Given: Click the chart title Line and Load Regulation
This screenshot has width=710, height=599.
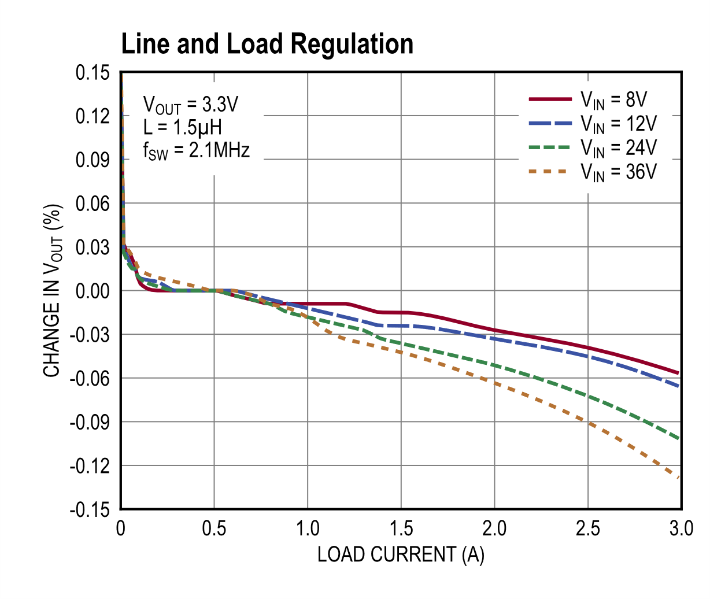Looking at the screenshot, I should [267, 44].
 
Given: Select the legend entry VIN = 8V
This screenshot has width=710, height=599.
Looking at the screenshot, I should [613, 100].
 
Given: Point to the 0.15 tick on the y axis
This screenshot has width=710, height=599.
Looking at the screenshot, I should [93, 73].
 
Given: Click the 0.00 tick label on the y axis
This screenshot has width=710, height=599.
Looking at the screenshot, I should [93, 291].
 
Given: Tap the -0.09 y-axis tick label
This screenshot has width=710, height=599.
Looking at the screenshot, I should [90, 422].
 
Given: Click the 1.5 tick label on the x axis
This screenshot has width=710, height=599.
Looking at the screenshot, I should [401, 528].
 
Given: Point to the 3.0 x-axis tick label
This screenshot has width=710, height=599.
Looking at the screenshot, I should [681, 528].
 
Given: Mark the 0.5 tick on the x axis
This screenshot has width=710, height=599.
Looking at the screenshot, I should [215, 528].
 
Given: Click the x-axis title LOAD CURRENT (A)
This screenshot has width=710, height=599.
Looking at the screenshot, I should [401, 554].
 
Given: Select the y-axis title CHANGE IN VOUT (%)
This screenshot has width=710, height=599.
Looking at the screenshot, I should [52, 291].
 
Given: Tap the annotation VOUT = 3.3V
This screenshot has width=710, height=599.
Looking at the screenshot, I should [191, 105].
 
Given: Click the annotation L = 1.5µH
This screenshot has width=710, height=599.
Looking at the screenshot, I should [183, 127].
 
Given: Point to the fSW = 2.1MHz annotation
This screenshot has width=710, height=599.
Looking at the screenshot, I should [197, 151].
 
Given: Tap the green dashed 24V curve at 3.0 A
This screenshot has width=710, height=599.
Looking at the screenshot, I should [679, 439].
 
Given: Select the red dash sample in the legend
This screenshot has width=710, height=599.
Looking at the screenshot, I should [550, 99].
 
